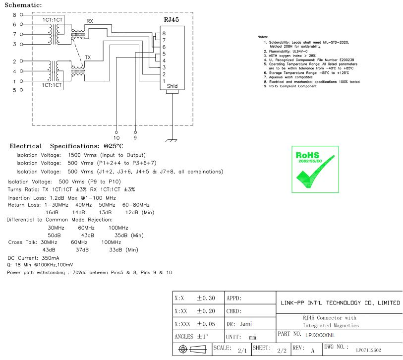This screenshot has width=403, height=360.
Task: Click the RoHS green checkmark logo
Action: coord(315,169)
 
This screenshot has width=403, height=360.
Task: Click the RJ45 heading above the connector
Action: coord(171,20)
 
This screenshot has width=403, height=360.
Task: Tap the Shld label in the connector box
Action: coord(172,86)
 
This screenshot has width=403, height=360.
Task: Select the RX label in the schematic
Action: coord(90,21)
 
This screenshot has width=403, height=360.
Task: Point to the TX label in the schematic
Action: coord(88,58)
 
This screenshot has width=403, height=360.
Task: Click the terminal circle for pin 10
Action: coord(116,132)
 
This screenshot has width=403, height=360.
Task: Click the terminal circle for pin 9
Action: coord(135,132)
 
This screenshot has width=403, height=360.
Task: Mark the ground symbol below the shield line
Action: coord(172,140)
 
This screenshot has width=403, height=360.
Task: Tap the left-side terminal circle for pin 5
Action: coord(21,90)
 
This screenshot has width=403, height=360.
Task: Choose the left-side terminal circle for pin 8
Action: coord(21,15)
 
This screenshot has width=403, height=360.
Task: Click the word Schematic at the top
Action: coord(23,5)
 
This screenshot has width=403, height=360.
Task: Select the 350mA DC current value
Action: coord(51,258)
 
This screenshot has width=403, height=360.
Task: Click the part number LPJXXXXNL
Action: coord(320,335)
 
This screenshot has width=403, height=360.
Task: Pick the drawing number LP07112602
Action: coord(368,350)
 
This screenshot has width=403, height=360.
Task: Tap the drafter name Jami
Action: coord(246,324)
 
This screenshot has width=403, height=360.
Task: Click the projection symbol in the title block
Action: coord(192,349)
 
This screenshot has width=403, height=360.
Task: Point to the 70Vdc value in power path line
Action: coord(79,273)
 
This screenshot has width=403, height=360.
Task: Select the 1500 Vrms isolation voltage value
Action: coord(82,155)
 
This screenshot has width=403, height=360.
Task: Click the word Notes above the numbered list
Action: coord(262,37)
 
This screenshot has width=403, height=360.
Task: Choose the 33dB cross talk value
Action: coord(115,250)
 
